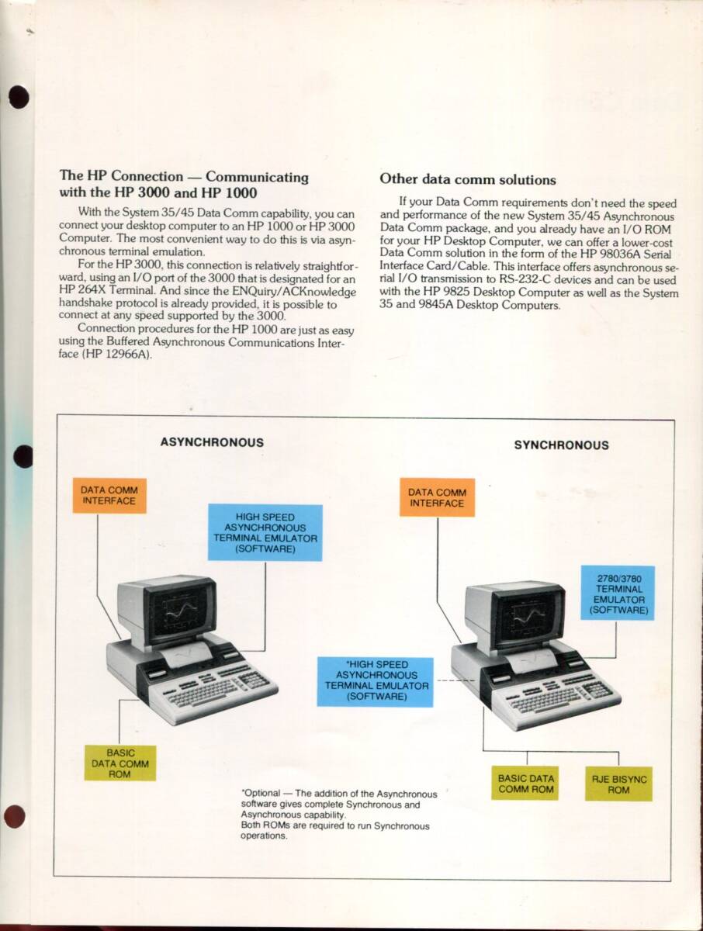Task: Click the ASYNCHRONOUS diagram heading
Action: pos(211,442)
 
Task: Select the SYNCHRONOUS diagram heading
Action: pos(561,445)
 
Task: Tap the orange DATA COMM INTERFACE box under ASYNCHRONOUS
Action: pos(109,496)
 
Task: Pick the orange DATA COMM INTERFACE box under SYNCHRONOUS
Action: pos(436,497)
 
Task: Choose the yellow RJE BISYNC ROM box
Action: pos(618,784)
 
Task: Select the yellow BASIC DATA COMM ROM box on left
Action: pos(119,763)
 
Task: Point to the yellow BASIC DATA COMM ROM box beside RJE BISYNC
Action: pos(525,784)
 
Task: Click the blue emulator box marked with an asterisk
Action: pos(376,680)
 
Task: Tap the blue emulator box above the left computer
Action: pos(265,532)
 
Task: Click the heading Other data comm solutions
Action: pos(467,179)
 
